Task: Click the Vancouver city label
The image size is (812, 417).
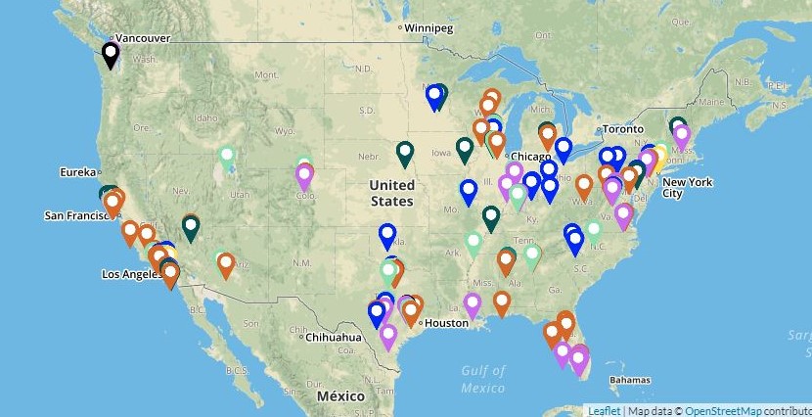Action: tap(143, 38)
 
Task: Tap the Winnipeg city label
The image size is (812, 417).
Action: tap(429, 28)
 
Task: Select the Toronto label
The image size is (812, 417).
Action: tap(622, 129)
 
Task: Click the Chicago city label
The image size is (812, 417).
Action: tap(531, 157)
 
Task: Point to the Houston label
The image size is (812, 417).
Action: tap(446, 322)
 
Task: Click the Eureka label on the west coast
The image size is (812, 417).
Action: tap(78, 172)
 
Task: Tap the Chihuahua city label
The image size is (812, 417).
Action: tap(334, 337)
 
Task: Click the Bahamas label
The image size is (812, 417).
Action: tap(629, 380)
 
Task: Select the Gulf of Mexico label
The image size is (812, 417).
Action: tap(483, 379)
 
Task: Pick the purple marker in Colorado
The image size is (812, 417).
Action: tap(304, 176)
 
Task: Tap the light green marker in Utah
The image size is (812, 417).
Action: tap(227, 156)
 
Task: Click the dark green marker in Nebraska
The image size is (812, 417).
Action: tap(405, 152)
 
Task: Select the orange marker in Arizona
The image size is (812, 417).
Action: tap(226, 264)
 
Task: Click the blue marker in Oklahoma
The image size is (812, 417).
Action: tap(387, 235)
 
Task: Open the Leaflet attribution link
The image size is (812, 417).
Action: tap(603, 410)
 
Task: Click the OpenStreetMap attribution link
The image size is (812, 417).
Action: tap(723, 410)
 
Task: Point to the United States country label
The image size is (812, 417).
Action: tap(391, 193)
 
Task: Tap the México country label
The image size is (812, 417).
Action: tap(340, 395)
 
